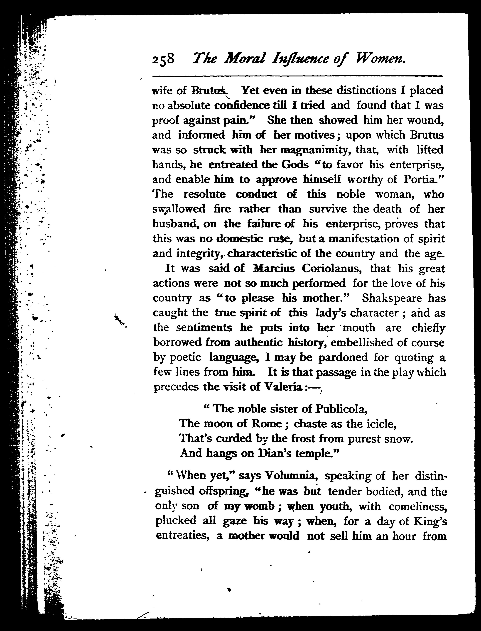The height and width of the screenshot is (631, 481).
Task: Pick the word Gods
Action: pos(295,165)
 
